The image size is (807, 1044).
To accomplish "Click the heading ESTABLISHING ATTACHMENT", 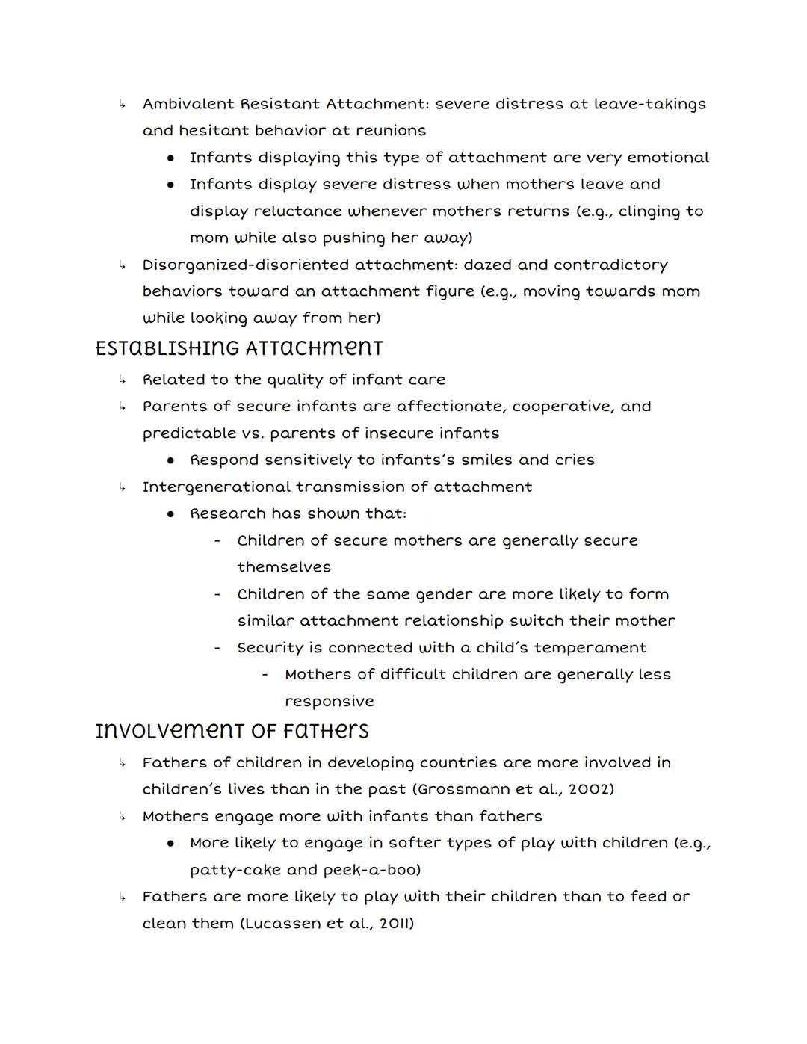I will pyautogui.click(x=239, y=349).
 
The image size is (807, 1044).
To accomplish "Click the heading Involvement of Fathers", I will pyautogui.click(x=232, y=731).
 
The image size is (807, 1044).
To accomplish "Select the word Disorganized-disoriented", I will pyautogui.click(x=246, y=265).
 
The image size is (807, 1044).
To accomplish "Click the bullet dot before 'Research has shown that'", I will pyautogui.click(x=171, y=514).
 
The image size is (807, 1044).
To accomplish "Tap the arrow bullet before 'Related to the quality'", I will pyautogui.click(x=121, y=380).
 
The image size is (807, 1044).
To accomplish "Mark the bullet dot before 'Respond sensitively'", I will pyautogui.click(x=171, y=460).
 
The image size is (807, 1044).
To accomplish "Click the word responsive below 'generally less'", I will pyautogui.click(x=329, y=702).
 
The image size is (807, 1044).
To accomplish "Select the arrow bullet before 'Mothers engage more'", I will pyautogui.click(x=121, y=816).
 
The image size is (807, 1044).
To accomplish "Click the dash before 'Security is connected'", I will pyautogui.click(x=217, y=648).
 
